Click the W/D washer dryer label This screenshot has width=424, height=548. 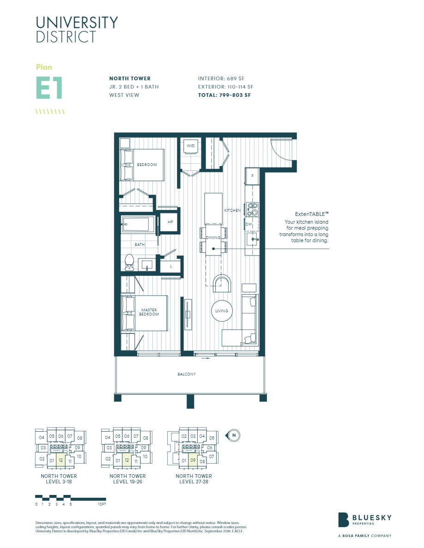(190, 146)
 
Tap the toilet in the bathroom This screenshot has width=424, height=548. (129, 262)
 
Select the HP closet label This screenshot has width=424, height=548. (170, 222)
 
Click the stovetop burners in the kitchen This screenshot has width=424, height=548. (252, 209)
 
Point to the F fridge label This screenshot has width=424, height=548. (252, 176)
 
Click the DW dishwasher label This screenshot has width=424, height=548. (248, 224)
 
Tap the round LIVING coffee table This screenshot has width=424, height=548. (222, 311)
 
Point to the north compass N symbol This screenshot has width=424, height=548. (234, 435)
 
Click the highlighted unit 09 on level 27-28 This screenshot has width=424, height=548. (193, 460)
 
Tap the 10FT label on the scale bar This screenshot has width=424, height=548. (102, 504)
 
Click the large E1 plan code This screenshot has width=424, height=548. (49, 88)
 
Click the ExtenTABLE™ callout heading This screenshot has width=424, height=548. (312, 214)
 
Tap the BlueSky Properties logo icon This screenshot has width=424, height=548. (343, 519)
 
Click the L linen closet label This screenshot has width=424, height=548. (171, 267)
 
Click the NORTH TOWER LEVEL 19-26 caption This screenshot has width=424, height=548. (127, 479)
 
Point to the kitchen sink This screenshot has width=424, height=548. (252, 239)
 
